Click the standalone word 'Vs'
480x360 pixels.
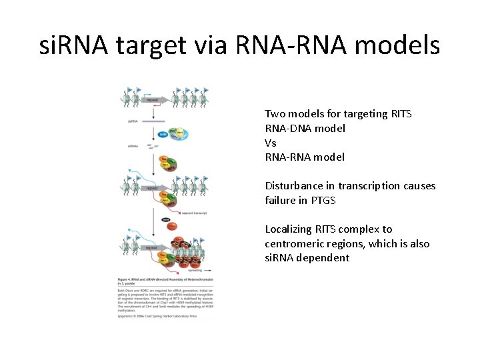pos(271,143)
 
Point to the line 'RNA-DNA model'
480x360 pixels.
pos(305,128)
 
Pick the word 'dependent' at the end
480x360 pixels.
pos(325,258)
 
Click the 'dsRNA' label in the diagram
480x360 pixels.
pos(133,121)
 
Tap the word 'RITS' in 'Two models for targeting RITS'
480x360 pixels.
pos(401,114)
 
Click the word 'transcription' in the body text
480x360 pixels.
pos(367,186)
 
